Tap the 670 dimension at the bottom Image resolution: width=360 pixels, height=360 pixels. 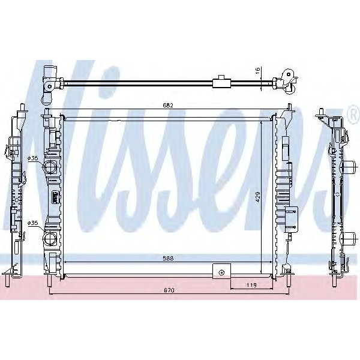(x=170, y=290)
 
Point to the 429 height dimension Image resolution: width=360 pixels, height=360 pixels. (x=257, y=197)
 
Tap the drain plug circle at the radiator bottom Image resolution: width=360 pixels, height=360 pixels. (x=222, y=273)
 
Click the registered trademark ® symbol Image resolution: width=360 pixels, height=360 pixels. (x=351, y=114)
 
